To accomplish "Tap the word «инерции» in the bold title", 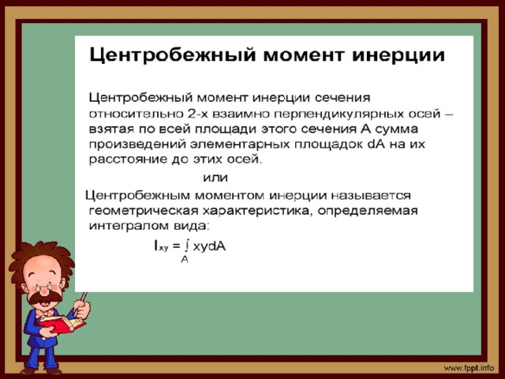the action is (x=398, y=55).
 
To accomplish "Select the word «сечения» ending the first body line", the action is (x=342, y=97).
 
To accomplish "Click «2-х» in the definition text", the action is (x=197, y=114).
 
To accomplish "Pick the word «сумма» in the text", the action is (x=396, y=129).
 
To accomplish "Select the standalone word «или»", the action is (x=215, y=178).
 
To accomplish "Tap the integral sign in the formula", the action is (x=186, y=246).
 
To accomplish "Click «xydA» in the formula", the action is (x=209, y=246).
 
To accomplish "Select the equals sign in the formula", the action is (x=176, y=246).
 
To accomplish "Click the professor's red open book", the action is (x=62, y=323).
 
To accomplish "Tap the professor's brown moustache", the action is (x=45, y=297).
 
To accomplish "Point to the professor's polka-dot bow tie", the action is (x=44, y=312).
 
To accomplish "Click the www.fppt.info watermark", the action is (x=469, y=368).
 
